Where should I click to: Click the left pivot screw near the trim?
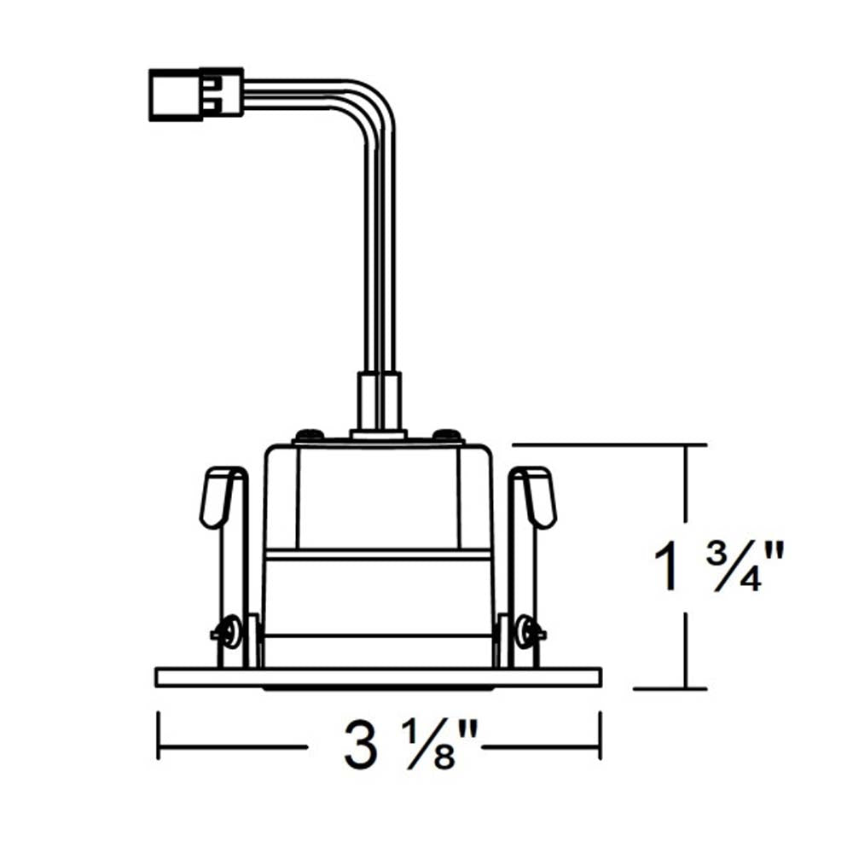click(228, 631)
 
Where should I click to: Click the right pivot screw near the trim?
click(530, 631)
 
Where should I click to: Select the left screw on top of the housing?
click(309, 434)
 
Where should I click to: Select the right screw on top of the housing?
click(448, 434)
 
